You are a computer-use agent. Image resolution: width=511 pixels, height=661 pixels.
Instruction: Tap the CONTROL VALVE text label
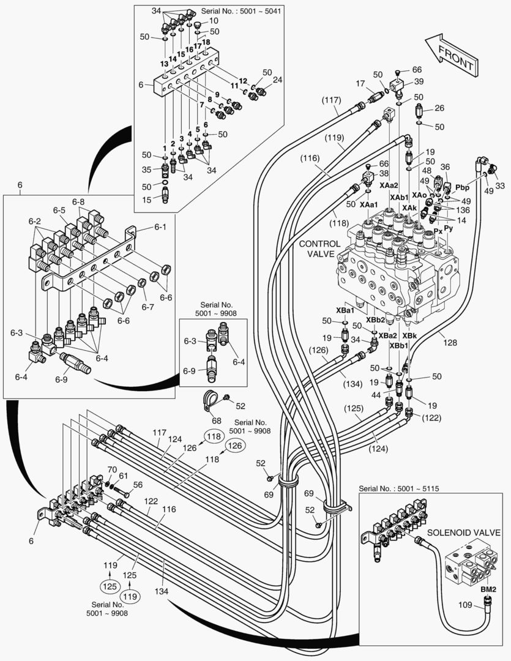tap(319, 248)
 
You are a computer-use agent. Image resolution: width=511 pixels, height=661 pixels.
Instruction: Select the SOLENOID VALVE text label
tap(463, 532)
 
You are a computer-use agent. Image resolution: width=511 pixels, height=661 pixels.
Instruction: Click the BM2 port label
tap(488, 589)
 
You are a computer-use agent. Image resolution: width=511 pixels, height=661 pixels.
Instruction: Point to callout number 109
tap(465, 605)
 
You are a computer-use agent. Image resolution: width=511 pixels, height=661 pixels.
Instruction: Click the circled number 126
tap(235, 446)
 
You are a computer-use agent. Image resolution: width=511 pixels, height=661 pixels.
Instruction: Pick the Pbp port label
tap(463, 187)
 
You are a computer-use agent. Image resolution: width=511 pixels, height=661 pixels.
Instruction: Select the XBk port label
tap(409, 335)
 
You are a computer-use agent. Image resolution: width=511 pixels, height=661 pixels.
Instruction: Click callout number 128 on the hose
tap(450, 343)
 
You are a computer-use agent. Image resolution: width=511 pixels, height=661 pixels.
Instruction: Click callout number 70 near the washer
tap(112, 469)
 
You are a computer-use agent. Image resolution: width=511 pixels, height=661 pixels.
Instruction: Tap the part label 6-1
tap(160, 227)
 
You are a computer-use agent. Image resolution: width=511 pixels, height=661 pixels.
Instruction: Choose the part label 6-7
tap(147, 307)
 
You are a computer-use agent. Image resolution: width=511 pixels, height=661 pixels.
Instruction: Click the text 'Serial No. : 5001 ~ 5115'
tap(399, 488)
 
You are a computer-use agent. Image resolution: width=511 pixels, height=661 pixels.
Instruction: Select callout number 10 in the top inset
tap(214, 21)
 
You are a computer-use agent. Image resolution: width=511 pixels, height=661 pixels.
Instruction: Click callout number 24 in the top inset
tap(277, 80)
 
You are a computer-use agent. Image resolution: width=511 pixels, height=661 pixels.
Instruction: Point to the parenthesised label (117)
tap(331, 100)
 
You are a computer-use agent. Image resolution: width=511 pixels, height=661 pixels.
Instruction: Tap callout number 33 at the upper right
tap(500, 185)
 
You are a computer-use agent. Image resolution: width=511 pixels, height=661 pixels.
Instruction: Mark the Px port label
tap(438, 231)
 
